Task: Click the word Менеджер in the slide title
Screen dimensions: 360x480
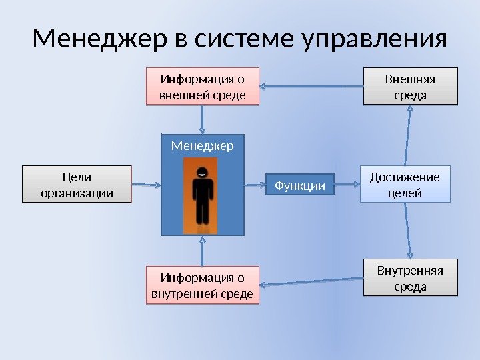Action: click(100, 40)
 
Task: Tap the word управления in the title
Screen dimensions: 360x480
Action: click(375, 40)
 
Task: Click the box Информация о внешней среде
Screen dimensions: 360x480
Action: click(202, 87)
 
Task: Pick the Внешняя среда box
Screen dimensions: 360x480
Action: click(411, 87)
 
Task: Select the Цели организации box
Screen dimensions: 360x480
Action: click(77, 185)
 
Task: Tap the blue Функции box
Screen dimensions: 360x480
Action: click(299, 186)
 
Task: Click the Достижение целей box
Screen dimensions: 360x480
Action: click(405, 185)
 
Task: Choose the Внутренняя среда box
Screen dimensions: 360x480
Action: click(411, 278)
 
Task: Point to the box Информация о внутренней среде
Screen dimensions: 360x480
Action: click(202, 285)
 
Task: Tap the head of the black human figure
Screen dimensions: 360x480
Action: click(202, 172)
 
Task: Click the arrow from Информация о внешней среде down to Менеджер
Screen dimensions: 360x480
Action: click(202, 120)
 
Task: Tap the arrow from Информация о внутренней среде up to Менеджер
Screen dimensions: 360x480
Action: click(202, 251)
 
